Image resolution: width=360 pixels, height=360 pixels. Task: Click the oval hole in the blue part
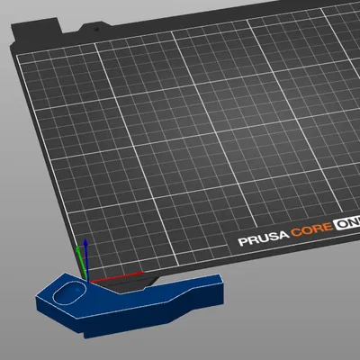point(68,292)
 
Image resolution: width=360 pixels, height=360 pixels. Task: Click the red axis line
point(117,278)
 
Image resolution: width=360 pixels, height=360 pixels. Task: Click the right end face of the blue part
point(220,291)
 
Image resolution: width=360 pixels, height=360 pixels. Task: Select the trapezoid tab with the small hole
point(94,28)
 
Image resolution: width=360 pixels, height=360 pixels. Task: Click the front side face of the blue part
point(135,323)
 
